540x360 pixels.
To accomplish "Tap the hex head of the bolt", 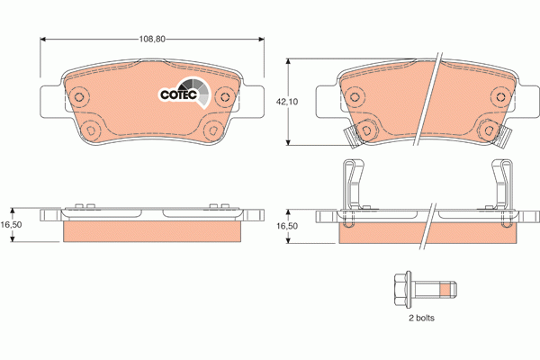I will click(400, 290).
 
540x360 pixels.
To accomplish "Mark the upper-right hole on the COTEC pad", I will click(225, 96).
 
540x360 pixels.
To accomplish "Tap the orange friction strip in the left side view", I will click(153, 231).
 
